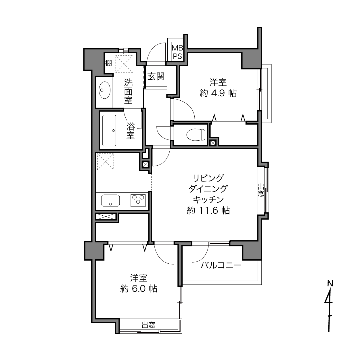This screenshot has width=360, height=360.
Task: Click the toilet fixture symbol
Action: (x=196, y=134)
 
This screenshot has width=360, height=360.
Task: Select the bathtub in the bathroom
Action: (x=109, y=131)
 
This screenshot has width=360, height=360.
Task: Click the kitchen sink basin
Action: (x=110, y=200)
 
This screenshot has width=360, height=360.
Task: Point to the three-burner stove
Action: (x=138, y=200)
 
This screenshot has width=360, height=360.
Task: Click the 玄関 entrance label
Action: (x=156, y=76)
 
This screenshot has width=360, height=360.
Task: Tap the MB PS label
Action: (x=177, y=52)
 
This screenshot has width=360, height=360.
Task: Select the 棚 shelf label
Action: (x=108, y=63)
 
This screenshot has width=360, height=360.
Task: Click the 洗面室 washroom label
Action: (x=128, y=91)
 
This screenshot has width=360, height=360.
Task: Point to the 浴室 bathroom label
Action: (x=131, y=131)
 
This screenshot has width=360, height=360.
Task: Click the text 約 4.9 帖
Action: (x=218, y=93)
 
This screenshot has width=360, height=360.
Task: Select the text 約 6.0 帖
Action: (x=139, y=289)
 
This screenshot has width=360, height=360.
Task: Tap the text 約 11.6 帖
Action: (x=208, y=210)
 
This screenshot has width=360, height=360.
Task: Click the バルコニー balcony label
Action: (x=221, y=265)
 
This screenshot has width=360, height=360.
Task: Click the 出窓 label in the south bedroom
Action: (x=148, y=325)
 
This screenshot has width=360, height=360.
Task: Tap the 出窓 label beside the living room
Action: (x=261, y=190)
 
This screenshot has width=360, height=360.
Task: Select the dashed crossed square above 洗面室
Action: (x=124, y=64)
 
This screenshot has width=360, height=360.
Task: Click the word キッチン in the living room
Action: (x=208, y=200)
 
